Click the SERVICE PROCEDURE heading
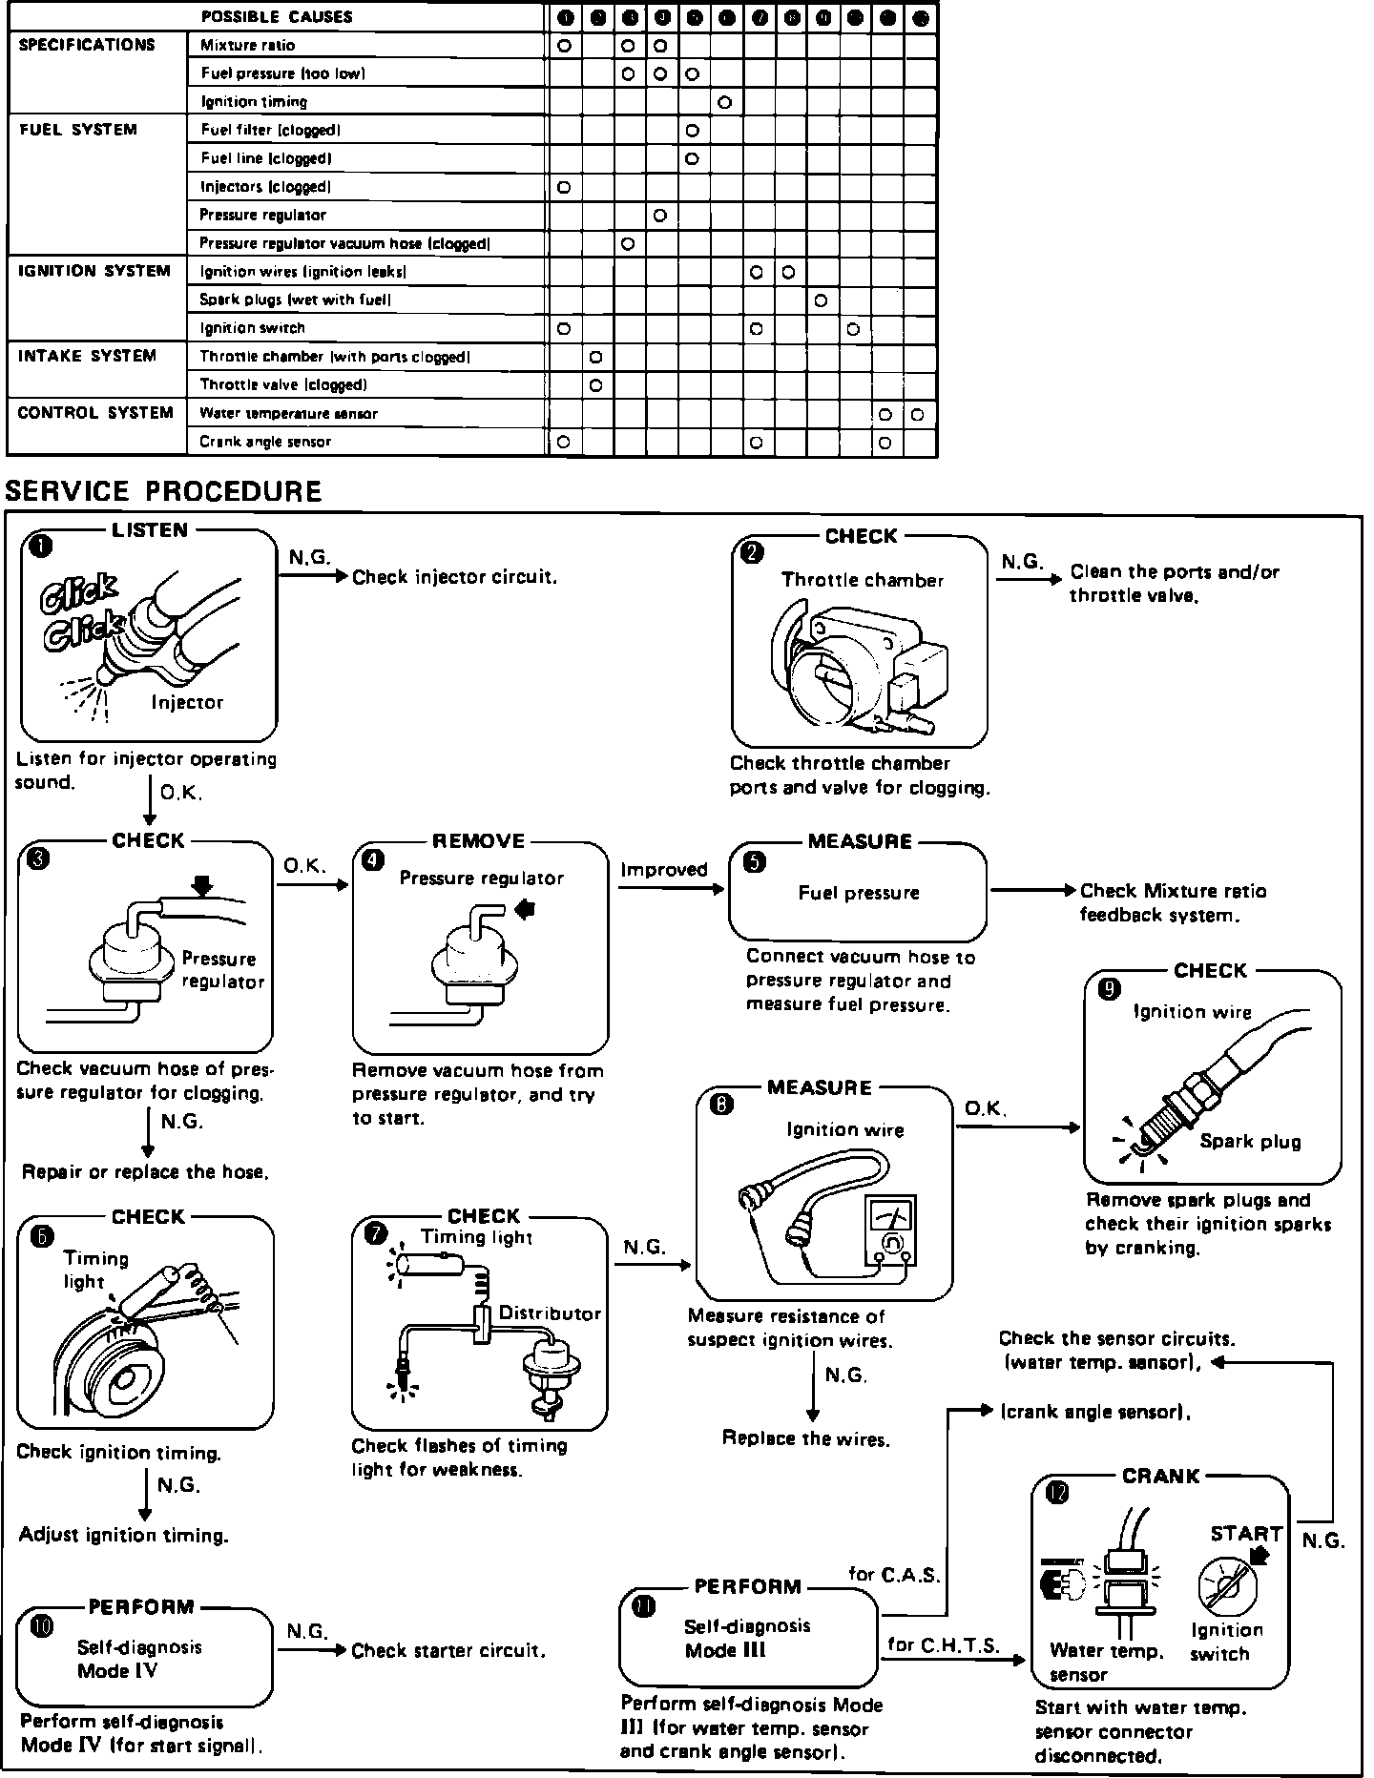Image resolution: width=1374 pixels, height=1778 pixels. click(163, 491)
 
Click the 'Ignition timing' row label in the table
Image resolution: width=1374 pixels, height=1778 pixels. click(254, 102)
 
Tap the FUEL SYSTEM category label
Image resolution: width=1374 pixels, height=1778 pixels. click(78, 130)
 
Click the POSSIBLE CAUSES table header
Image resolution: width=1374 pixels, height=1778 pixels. click(277, 17)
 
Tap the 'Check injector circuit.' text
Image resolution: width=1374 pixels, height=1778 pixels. click(454, 577)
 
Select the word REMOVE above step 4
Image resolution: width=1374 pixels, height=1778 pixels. click(479, 841)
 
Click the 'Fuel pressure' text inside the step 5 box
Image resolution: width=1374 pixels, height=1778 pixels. click(859, 893)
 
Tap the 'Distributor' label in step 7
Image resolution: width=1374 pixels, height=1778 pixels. click(550, 1313)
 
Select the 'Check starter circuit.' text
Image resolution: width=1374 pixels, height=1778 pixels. click(448, 1651)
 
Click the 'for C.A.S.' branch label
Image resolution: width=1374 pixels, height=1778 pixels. click(894, 1575)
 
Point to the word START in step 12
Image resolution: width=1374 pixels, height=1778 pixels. click(1246, 1534)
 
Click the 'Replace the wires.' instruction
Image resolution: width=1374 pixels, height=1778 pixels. click(805, 1438)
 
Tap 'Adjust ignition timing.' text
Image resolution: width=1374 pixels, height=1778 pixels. click(124, 1536)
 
